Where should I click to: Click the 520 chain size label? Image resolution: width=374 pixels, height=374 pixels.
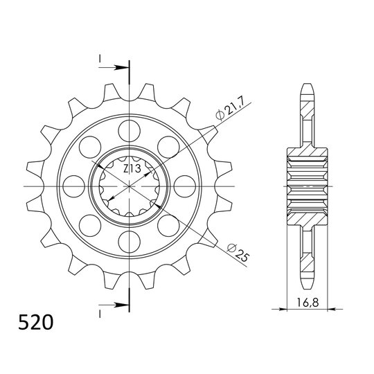[33, 323]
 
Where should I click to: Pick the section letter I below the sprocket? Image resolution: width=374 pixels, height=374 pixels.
[101, 313]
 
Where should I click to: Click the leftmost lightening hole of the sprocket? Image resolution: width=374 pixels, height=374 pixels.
[71, 186]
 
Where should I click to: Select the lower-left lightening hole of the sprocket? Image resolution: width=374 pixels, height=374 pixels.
[88, 226]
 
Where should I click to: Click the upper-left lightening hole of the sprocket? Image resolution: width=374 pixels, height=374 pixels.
[88, 145]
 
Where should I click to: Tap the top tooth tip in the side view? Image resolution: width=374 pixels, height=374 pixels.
[306, 87]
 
